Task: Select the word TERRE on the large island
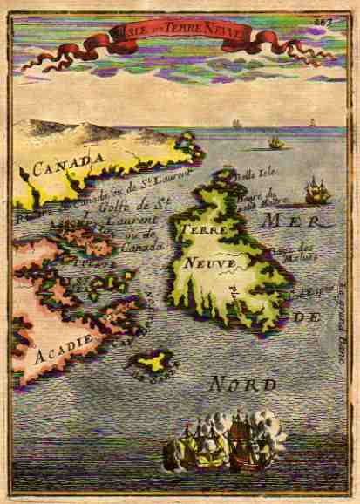coord(200,228)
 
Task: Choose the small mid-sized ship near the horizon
coord(275,141)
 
